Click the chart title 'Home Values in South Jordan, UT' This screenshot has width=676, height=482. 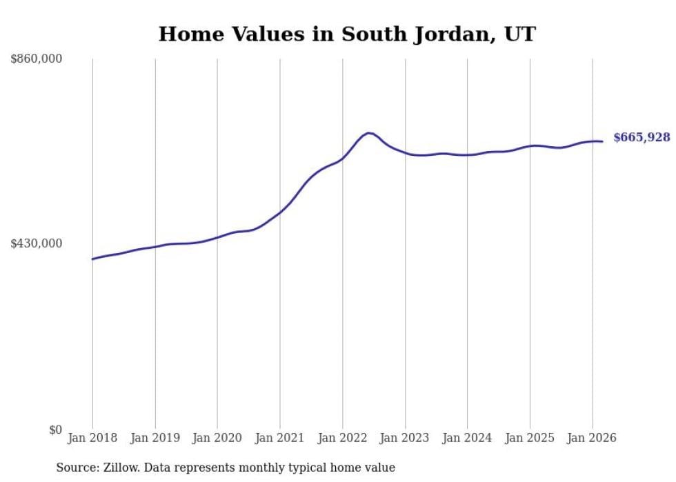click(346, 34)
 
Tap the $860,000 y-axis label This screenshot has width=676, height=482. click(37, 59)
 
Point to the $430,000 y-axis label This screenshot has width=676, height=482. click(37, 243)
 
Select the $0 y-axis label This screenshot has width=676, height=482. click(55, 430)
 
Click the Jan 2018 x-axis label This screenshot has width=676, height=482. click(92, 438)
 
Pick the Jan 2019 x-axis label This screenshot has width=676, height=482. click(155, 438)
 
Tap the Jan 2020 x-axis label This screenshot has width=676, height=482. click(217, 438)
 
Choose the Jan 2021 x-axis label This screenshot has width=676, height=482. click(280, 438)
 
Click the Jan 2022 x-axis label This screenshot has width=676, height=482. click(342, 438)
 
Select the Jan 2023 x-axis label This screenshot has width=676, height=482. click(405, 438)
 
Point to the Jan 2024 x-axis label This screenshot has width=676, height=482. click(467, 438)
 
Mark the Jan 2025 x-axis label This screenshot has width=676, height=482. click(530, 438)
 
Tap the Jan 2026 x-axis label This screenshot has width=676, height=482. click(592, 438)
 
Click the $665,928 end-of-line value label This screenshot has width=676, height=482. click(642, 138)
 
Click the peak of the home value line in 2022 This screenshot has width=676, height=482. click(369, 132)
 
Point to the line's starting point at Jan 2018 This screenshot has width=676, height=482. click(92, 259)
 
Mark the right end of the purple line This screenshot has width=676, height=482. click(602, 141)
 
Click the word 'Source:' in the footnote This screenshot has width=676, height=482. click(77, 468)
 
